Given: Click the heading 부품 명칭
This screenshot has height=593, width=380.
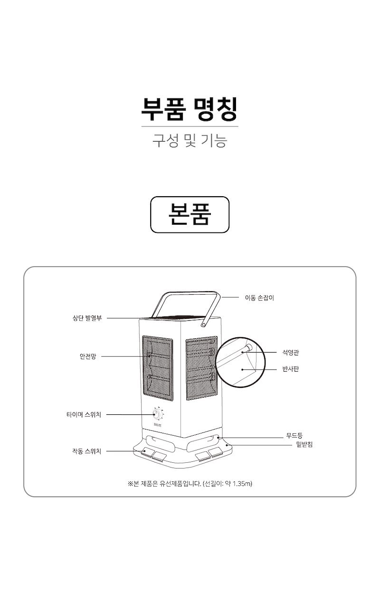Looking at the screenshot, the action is [190, 109].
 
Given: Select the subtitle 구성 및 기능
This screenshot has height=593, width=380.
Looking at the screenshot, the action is [190, 140].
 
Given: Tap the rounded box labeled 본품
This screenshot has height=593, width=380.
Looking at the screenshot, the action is [190, 215].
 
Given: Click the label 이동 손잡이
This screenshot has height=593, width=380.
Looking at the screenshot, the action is [259, 298].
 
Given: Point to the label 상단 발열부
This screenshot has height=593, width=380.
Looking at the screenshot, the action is [87, 318].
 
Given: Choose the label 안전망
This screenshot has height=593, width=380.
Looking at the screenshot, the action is [88, 356].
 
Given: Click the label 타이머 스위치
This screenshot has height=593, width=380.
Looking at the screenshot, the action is [84, 414].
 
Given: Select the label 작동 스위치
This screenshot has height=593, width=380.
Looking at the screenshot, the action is [86, 451].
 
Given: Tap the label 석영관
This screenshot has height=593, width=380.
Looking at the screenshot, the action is [291, 353].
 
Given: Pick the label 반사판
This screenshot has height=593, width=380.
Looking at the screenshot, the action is [291, 369].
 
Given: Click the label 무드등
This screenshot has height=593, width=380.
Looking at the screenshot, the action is [294, 435].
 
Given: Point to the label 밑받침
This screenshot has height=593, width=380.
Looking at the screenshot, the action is [304, 444].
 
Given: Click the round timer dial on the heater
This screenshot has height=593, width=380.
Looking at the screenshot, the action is [157, 414].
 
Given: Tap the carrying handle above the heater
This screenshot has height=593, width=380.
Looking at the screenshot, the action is [186, 309].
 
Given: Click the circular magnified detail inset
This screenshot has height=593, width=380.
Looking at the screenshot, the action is [240, 362].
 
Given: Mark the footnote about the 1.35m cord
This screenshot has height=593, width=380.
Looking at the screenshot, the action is [190, 484].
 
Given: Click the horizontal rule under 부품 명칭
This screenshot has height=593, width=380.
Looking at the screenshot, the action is [190, 126].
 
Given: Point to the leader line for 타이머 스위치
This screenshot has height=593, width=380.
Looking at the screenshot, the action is [130, 414].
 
